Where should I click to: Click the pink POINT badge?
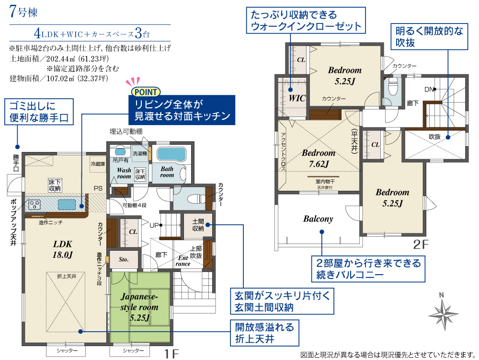146,92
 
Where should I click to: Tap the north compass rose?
443,314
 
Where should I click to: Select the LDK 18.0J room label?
63,249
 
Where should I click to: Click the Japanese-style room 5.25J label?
139,307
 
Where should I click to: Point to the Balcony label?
318,219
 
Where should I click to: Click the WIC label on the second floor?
297,98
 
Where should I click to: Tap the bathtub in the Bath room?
171,154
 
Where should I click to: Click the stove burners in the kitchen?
34,204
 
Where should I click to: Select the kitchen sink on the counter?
67,204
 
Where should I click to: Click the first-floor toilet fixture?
197,199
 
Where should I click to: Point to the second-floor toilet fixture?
393,87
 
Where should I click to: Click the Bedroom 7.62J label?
319,158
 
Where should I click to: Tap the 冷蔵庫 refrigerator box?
98,164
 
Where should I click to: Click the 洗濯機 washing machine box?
140,153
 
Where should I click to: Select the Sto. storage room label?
124,259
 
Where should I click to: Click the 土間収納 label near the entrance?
198,225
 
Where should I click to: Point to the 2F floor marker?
421,244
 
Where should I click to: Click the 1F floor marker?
171,354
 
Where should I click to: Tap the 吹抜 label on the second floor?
434,137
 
